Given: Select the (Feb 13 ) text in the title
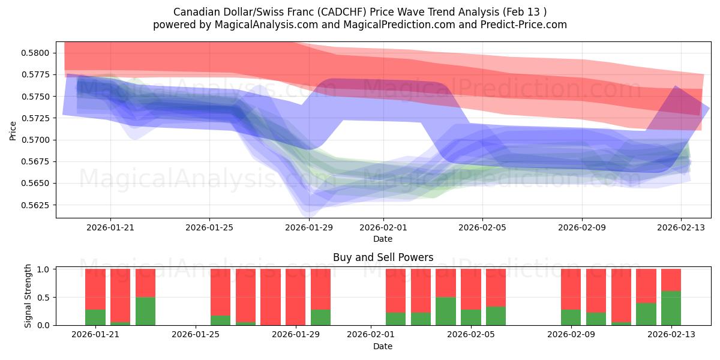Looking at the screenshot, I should tap(526, 12).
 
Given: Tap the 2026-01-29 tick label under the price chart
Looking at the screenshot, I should tap(309, 227).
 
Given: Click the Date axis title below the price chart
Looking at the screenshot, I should tap(383, 239).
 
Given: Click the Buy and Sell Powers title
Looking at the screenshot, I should tap(383, 257).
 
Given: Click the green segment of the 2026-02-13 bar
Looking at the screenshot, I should tap(671, 308).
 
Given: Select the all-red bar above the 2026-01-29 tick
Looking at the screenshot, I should tap(296, 297).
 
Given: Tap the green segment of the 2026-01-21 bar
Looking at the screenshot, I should tap(95, 317).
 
